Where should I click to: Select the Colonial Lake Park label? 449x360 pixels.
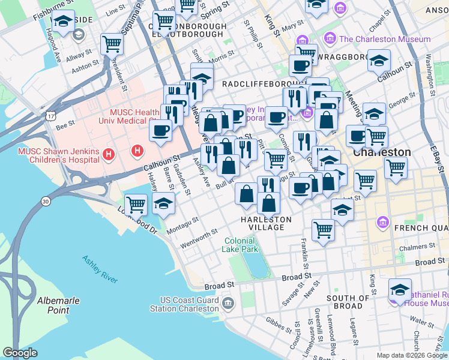tap(241, 245)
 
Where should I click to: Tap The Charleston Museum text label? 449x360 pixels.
tap(385, 39)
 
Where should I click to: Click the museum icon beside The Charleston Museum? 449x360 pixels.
tap(330, 39)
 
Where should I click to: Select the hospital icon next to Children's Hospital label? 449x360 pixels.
tap(109, 155)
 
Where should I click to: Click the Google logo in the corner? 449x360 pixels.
tap(20, 353)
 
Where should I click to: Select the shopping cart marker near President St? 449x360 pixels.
tap(112, 43)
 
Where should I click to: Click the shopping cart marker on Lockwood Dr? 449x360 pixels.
tap(136, 204)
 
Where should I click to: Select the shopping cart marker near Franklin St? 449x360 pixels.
tap(323, 229)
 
